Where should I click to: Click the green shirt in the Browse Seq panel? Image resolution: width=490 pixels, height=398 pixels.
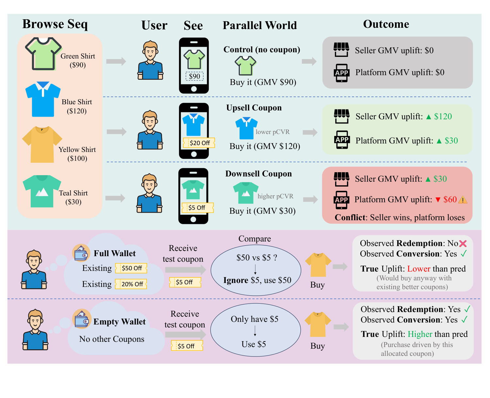click(43, 54)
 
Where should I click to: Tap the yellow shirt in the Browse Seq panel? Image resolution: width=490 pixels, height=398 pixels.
click(42, 144)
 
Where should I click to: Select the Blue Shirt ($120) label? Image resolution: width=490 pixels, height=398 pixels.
click(77, 106)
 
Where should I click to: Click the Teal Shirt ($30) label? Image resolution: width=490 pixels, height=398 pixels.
click(73, 197)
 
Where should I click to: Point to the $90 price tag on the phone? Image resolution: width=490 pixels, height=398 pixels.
click(194, 76)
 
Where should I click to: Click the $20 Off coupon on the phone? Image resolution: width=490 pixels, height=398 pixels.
click(199, 143)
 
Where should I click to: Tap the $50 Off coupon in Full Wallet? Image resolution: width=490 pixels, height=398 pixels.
click(131, 268)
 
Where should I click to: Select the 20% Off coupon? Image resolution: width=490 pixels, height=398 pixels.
click(131, 284)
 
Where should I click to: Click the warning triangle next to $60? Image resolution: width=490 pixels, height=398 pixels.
click(463, 199)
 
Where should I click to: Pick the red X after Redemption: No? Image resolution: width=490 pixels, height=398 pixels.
click(463, 243)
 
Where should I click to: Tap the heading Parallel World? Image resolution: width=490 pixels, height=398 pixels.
click(260, 25)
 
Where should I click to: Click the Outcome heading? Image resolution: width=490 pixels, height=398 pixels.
click(386, 24)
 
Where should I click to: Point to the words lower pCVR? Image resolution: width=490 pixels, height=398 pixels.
click(273, 132)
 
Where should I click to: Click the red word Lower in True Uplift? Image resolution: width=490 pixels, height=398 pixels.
click(419, 269)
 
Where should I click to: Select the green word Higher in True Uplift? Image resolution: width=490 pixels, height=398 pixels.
click(420, 334)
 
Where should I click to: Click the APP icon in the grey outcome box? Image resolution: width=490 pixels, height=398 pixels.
click(342, 73)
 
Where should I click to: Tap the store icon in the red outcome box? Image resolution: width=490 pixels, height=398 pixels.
click(342, 179)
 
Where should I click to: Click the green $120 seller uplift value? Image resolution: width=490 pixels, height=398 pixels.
click(443, 116)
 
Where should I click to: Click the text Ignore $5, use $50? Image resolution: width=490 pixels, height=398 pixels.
click(257, 280)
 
